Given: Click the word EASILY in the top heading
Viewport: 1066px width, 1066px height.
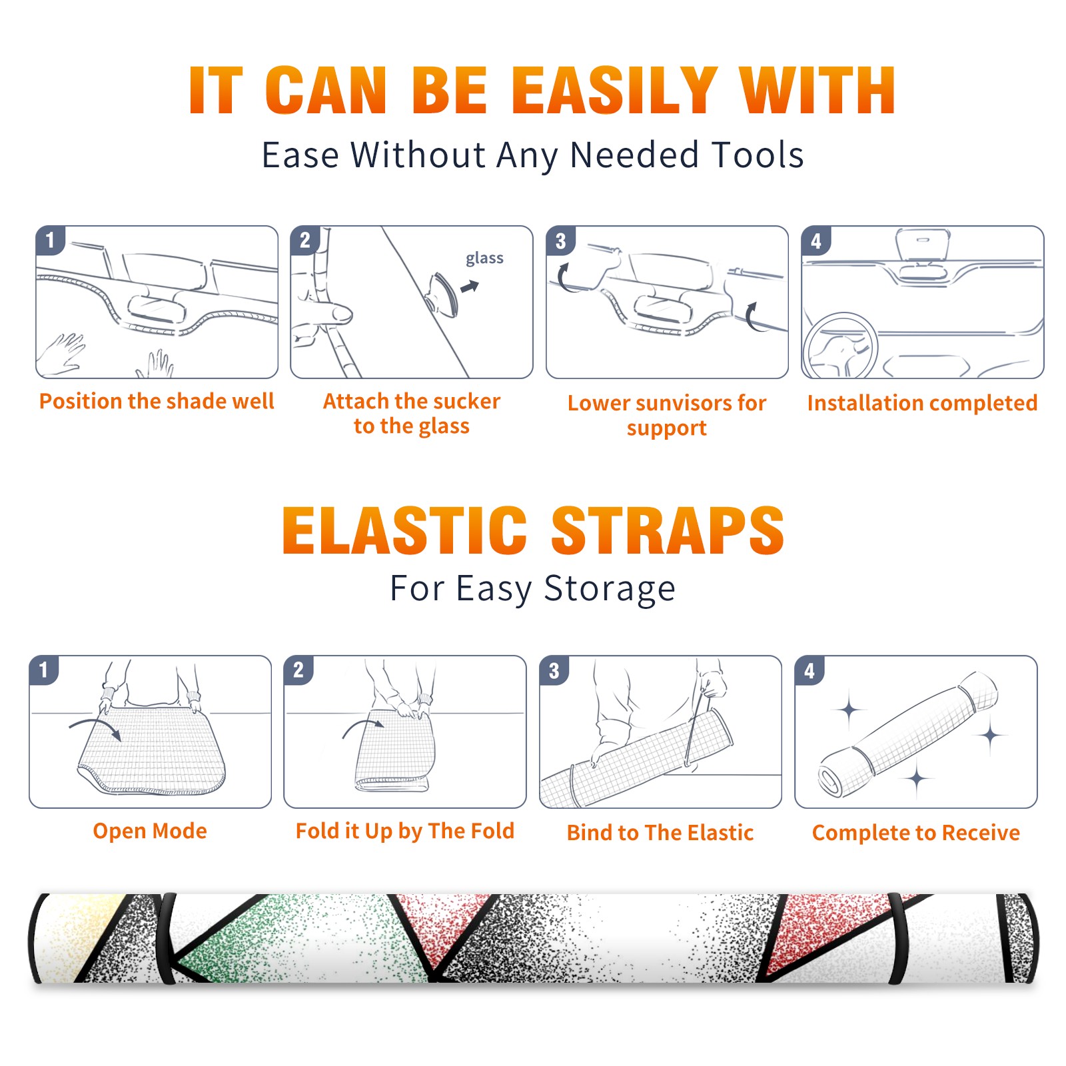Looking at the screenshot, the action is pyautogui.click(x=614, y=91).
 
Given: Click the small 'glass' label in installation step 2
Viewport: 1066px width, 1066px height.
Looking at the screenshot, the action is pyautogui.click(x=484, y=259).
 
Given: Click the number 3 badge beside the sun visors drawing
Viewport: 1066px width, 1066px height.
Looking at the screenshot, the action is pyautogui.click(x=560, y=241).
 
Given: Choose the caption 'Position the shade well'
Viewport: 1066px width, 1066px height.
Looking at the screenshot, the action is pyautogui.click(x=157, y=401).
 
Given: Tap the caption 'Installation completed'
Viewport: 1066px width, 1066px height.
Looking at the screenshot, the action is pyautogui.click(x=922, y=403).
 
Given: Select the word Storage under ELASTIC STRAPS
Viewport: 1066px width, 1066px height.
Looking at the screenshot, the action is pyautogui.click(x=609, y=590).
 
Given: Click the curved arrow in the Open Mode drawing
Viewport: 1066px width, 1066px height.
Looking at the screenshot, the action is pyautogui.click(x=95, y=728).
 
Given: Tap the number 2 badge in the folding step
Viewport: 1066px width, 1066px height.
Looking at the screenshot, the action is pyautogui.click(x=298, y=670).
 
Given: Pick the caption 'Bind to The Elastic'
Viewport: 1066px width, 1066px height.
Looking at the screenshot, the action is pyautogui.click(x=660, y=833).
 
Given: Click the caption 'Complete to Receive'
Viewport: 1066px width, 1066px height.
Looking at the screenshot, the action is pyautogui.click(x=916, y=833).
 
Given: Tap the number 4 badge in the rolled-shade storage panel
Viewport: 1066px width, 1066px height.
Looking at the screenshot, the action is pyautogui.click(x=809, y=670).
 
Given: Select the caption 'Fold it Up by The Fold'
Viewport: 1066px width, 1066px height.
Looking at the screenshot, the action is pyautogui.click(x=405, y=831).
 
